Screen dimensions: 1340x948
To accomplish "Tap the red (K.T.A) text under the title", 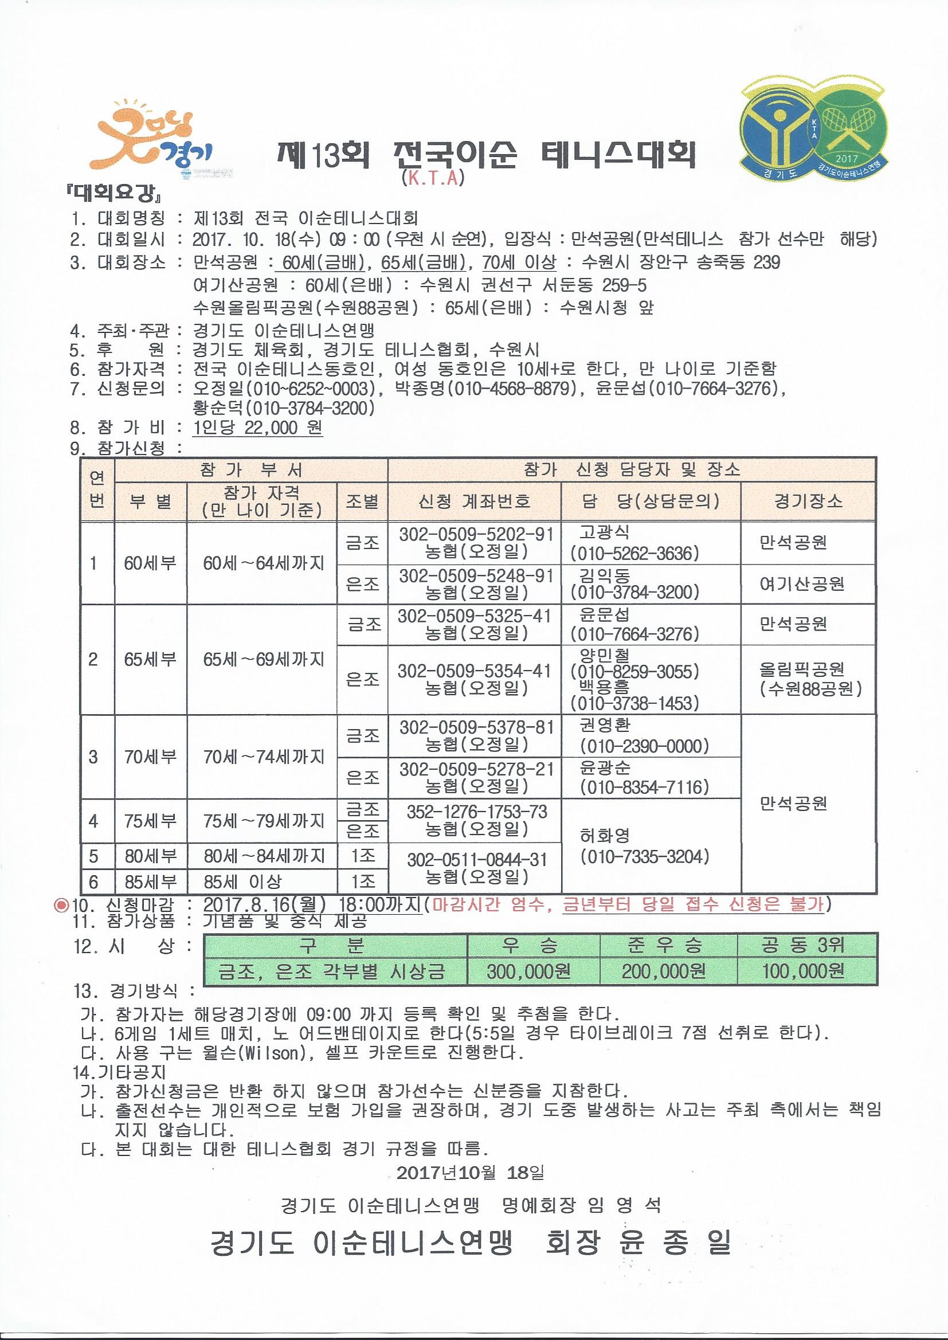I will [433, 178].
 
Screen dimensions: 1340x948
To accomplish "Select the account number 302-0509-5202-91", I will [476, 535].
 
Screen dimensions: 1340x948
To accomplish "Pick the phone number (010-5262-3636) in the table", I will [634, 553].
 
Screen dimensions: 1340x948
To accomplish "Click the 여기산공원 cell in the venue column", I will [801, 583].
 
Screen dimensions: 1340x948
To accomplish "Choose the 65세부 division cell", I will [150, 659].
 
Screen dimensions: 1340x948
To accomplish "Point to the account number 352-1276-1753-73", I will [477, 812].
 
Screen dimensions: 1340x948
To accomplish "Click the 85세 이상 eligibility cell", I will [242, 881].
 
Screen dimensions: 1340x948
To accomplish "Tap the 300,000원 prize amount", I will [529, 971].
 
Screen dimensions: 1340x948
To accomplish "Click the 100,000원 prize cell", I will [802, 971].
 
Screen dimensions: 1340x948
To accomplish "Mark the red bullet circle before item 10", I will [61, 905].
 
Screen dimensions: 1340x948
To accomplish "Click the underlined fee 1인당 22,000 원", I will [257, 428].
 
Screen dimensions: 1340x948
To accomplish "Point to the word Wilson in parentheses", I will [270, 1053].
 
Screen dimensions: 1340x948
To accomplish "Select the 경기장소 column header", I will [808, 501].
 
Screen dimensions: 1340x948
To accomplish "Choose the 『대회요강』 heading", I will [114, 193].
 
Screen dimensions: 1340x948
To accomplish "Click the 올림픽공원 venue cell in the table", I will [801, 669].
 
